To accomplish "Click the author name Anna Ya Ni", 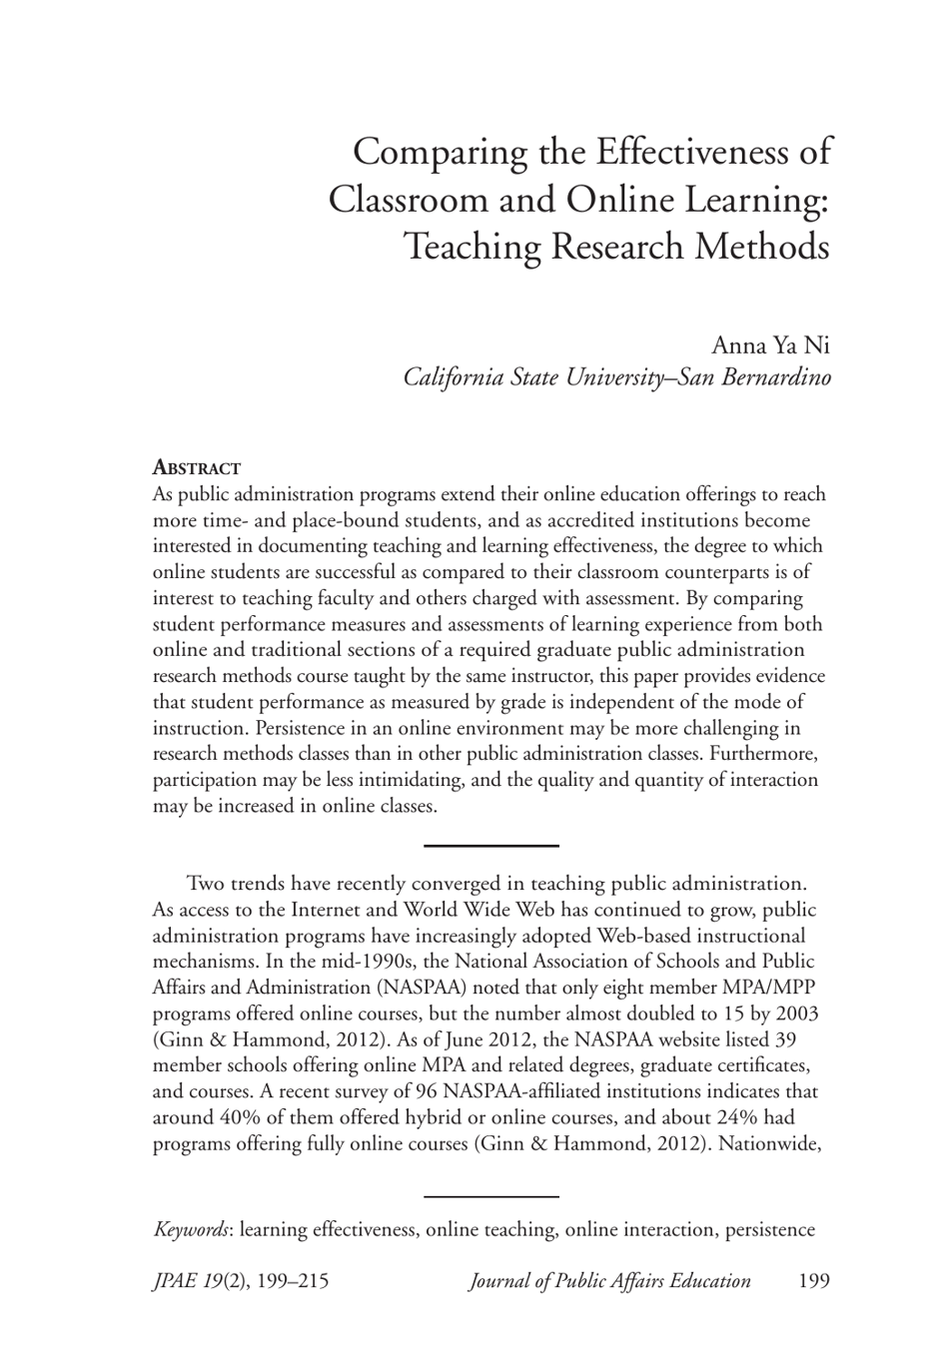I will point(770,345).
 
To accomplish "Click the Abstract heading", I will point(197,468).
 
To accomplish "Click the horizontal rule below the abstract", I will point(490,846).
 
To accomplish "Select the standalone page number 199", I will point(814,1281).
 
